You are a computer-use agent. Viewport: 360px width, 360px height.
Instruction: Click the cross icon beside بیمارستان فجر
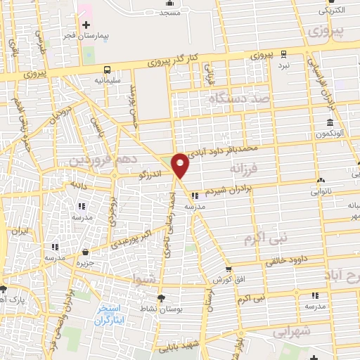coord(86,25)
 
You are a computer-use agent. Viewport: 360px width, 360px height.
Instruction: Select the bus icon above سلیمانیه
coord(107,70)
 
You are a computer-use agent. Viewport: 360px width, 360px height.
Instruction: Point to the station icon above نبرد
coord(283,54)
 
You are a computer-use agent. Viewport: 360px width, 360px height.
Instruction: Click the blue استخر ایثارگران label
coord(112,314)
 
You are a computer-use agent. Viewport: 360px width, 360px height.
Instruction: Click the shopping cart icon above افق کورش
coord(229,269)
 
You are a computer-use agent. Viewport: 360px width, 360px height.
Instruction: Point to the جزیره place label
coord(86,262)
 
